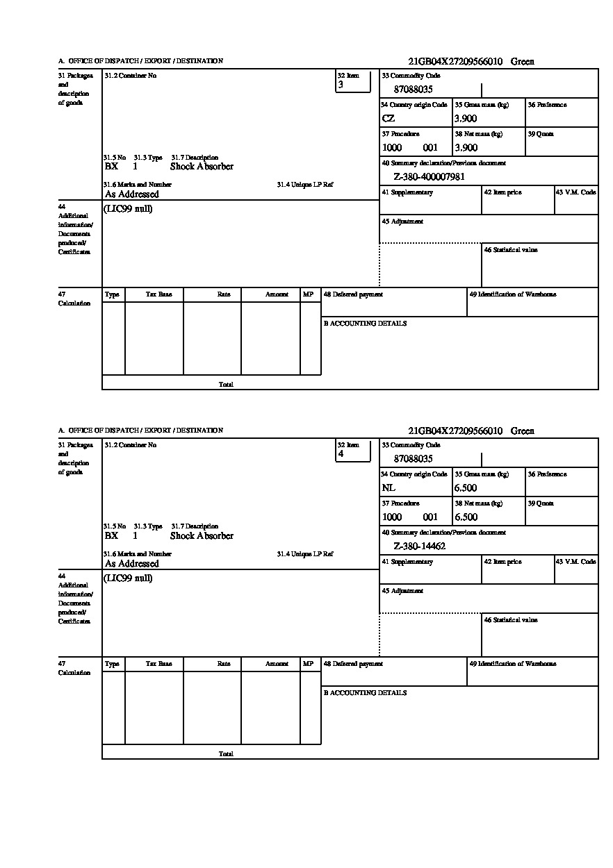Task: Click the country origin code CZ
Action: (389, 119)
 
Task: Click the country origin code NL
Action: (389, 488)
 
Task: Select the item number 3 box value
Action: (341, 85)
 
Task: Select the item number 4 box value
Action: (341, 454)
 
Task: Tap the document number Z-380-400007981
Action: (429, 177)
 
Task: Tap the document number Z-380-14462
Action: (419, 546)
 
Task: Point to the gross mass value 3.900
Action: (466, 119)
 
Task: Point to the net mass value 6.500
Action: (466, 517)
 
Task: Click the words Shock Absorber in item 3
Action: (202, 167)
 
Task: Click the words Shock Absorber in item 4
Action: (202, 536)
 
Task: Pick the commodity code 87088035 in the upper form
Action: (413, 90)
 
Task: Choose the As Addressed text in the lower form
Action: (132, 564)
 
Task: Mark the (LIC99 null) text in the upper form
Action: (129, 209)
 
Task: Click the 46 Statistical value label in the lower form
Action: (511, 619)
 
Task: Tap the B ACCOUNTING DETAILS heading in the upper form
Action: (365, 324)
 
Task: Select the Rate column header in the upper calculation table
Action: (223, 294)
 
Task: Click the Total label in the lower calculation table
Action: (226, 753)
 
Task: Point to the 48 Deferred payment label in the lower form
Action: (353, 664)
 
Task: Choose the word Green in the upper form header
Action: (523, 62)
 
